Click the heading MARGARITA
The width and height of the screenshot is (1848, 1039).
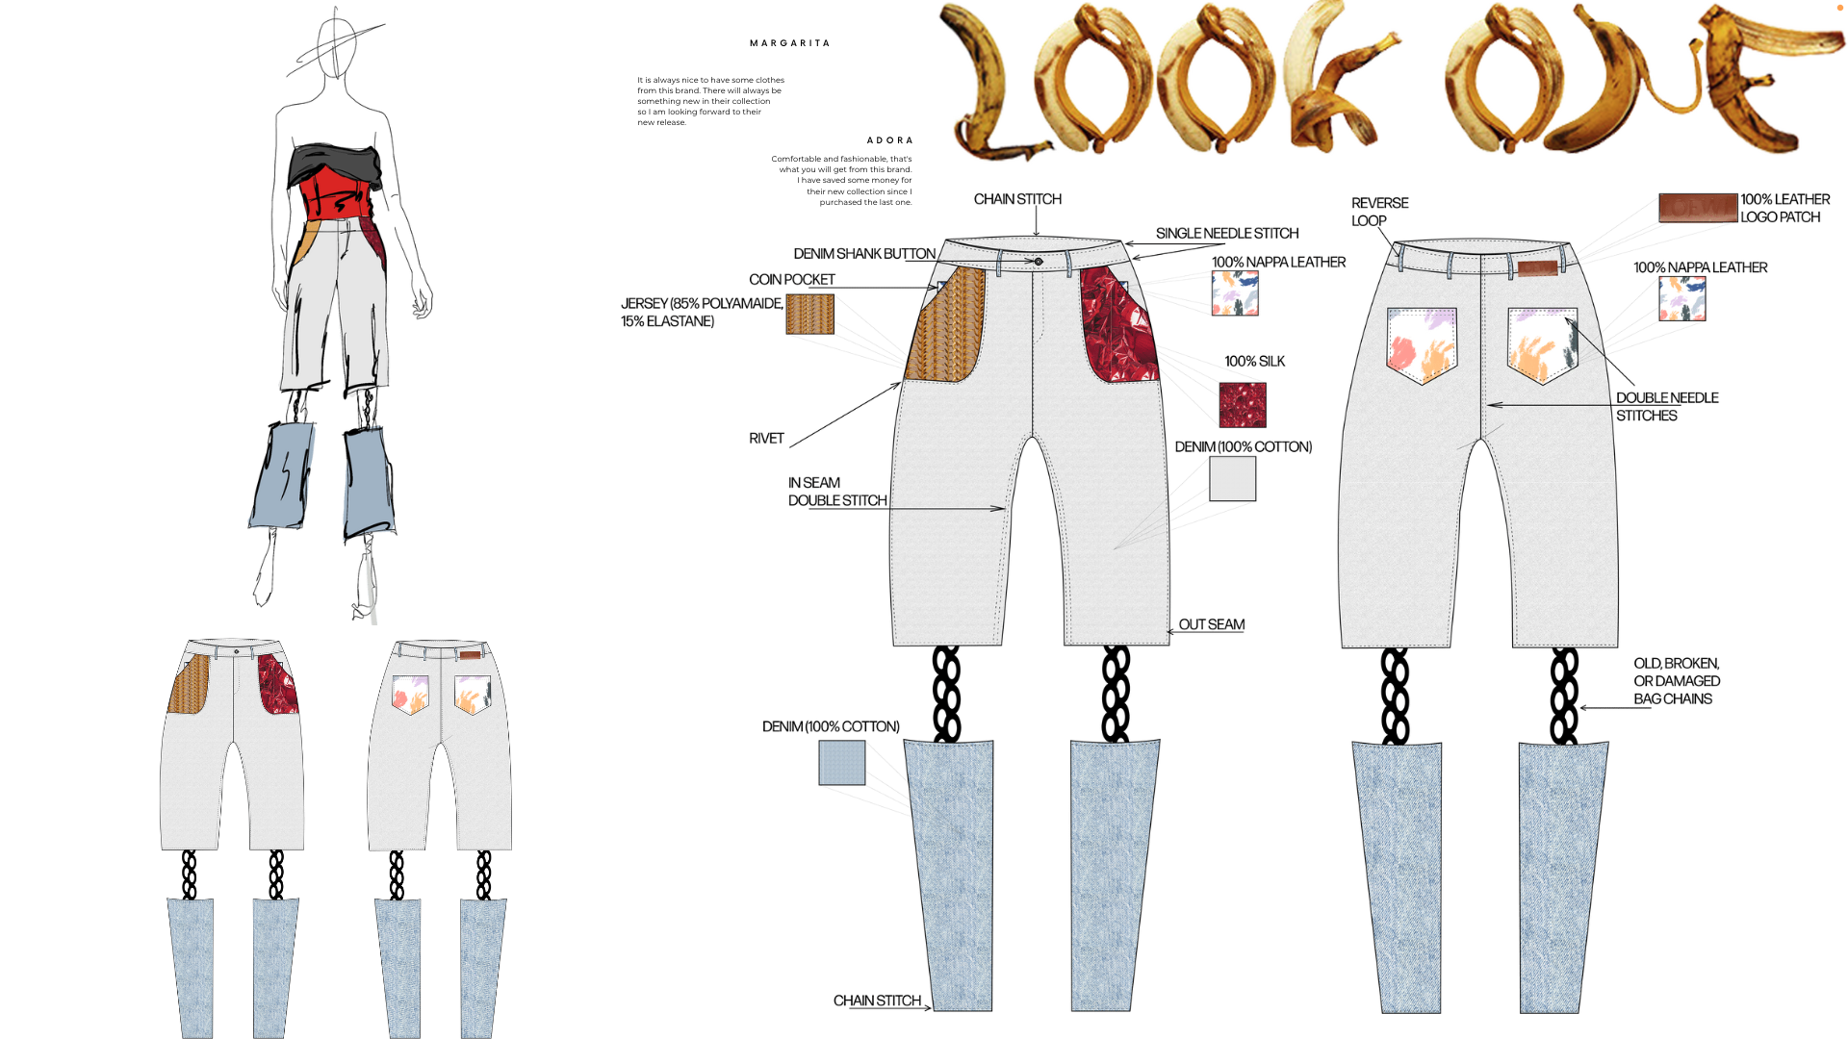point(789,43)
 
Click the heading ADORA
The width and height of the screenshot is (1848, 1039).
point(889,140)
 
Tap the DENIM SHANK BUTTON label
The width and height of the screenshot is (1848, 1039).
point(863,254)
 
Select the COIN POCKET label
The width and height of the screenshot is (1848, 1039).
point(791,280)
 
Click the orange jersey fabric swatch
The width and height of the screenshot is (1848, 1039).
point(809,315)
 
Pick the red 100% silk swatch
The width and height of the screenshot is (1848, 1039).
point(1242,405)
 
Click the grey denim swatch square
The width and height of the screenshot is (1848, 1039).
point(1232,478)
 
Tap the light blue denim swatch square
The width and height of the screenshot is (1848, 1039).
point(841,762)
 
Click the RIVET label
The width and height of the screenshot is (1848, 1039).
point(766,439)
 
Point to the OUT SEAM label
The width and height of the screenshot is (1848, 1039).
point(1211,625)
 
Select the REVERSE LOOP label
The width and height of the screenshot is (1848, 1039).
point(1378,212)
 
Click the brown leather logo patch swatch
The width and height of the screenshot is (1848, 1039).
point(1697,208)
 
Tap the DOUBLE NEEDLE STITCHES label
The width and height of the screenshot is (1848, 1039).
point(1666,407)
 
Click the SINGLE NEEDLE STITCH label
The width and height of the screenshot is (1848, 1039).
point(1226,234)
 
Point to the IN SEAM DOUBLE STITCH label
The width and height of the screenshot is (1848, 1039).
point(836,492)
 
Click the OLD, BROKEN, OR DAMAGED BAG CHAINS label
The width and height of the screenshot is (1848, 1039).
point(1676,681)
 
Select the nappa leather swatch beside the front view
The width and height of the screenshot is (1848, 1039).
point(1235,292)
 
